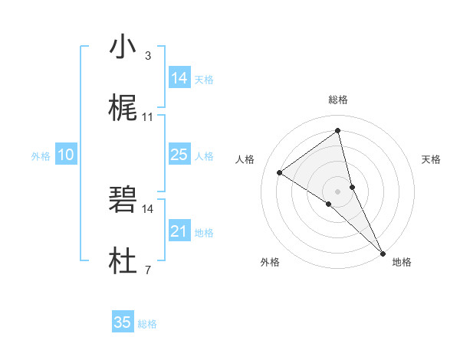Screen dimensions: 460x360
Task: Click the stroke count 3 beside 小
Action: point(147,56)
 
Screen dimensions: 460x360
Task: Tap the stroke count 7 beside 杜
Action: point(147,270)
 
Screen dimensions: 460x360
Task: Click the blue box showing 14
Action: point(179,78)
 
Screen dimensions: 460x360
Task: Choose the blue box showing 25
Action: point(179,155)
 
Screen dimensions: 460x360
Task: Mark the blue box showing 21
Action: point(179,231)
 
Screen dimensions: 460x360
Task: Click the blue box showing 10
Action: point(66,155)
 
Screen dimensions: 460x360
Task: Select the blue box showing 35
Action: point(123,322)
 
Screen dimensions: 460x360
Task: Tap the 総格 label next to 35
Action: point(147,324)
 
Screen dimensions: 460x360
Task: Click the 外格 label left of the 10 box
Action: point(41,156)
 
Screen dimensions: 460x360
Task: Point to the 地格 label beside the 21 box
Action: point(204,233)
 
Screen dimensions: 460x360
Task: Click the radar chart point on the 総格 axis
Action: point(337,130)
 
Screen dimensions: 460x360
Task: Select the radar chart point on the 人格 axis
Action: point(280,172)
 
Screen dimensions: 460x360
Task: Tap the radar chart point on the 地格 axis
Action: point(383,252)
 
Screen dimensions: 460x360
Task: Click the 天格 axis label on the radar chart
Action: point(432,159)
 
